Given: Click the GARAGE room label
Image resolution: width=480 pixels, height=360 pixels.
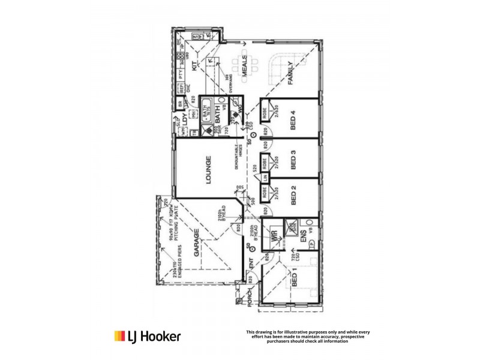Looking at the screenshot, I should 196,244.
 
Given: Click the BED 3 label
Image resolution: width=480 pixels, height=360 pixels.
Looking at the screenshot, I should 294,160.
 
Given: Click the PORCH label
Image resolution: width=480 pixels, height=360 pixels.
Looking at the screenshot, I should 250,298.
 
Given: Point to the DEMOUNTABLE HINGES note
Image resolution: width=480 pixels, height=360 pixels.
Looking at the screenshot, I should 236,160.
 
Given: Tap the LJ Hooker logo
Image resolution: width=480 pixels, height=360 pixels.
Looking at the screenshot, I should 147,336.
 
